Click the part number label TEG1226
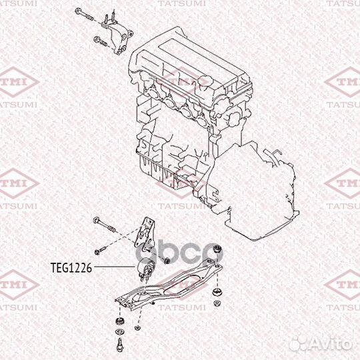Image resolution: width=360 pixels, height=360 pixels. coord(71,267)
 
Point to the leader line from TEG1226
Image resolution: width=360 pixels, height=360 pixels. coord(113,267)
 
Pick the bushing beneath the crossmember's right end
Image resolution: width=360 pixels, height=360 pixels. coord(217,293)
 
